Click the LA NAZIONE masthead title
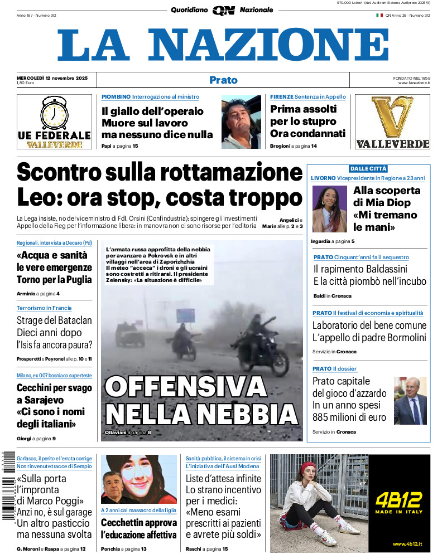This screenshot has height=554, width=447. [223, 46]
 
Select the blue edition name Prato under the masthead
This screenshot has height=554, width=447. [223, 80]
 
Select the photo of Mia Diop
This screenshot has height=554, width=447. [329, 209]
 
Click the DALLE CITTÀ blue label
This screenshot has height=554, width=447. [368, 168]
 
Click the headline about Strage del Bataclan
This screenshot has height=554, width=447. [54, 332]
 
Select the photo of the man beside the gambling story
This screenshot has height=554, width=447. [410, 400]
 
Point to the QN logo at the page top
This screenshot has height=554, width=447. [223, 10]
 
